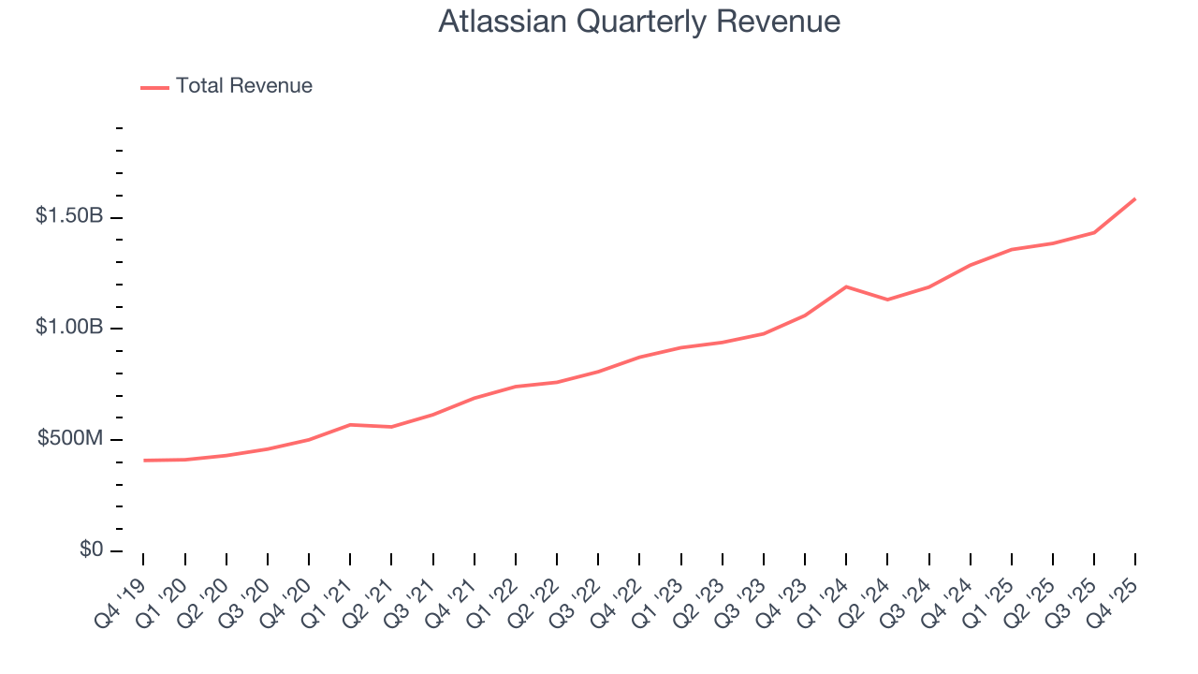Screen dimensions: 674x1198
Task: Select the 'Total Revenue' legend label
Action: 243,86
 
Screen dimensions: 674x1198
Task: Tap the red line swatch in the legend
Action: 154,87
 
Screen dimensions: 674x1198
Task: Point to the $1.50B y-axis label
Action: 69,216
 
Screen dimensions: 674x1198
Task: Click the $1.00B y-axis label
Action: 69,328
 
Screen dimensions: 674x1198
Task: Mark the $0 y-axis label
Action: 91,549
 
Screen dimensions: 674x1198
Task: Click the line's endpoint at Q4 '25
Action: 1135,198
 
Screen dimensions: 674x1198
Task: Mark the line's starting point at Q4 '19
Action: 144,461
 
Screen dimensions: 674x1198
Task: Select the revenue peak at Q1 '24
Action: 846,286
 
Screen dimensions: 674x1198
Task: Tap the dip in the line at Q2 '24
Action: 887,300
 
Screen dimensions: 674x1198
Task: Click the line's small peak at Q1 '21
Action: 350,424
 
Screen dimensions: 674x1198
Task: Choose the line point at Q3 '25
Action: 1094,232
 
